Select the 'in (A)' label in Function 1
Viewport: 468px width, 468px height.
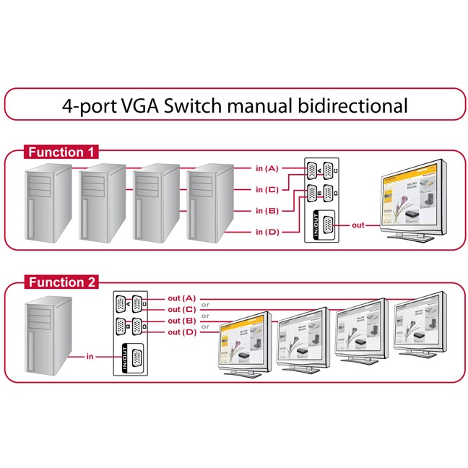[x=266, y=168]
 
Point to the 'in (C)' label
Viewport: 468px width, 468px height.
[x=266, y=190]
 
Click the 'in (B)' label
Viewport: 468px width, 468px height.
[x=266, y=211]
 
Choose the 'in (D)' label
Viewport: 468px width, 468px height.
[x=266, y=232]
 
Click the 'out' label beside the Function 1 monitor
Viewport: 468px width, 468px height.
[x=357, y=225]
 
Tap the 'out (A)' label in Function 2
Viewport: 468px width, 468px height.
[x=181, y=298]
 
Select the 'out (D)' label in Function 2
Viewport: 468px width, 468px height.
[x=181, y=331]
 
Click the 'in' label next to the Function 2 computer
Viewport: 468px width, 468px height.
[x=90, y=356]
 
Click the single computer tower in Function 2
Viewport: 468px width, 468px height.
[x=48, y=335]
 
